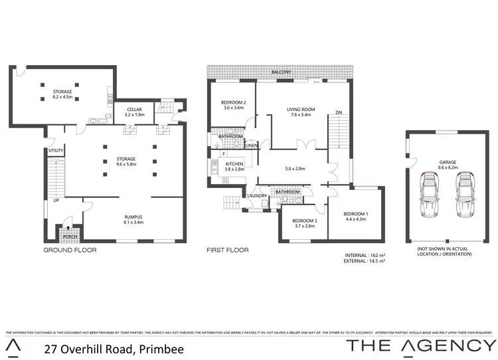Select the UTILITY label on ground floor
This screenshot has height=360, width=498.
(x=56, y=151)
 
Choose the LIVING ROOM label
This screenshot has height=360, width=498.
(x=300, y=110)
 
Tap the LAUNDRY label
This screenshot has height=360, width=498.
(x=256, y=195)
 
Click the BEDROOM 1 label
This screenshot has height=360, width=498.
(x=356, y=214)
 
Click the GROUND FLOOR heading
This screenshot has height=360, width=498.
(x=70, y=250)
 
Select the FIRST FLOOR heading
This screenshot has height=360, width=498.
(x=227, y=250)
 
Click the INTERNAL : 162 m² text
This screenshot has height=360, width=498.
(x=365, y=255)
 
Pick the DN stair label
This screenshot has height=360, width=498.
(x=339, y=112)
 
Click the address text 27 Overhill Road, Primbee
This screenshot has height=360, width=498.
(x=113, y=349)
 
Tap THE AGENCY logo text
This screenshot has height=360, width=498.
(x=422, y=345)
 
